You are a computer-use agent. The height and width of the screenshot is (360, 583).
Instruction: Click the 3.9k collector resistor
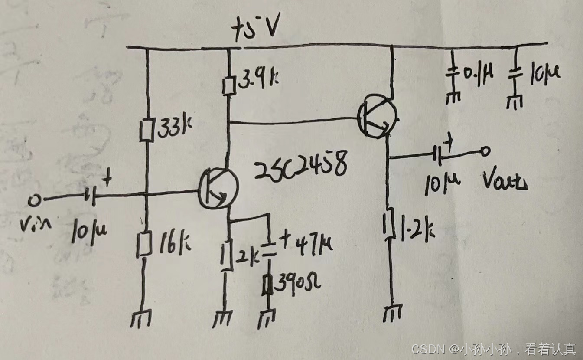228,85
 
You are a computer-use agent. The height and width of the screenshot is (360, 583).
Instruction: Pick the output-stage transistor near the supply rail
377,116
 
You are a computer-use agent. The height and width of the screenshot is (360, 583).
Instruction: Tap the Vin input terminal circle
33,201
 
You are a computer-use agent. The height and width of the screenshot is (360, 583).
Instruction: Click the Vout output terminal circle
485,151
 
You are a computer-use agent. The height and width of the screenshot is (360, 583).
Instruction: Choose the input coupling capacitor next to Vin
89,198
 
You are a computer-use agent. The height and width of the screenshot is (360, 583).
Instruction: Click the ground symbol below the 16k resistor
142,320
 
